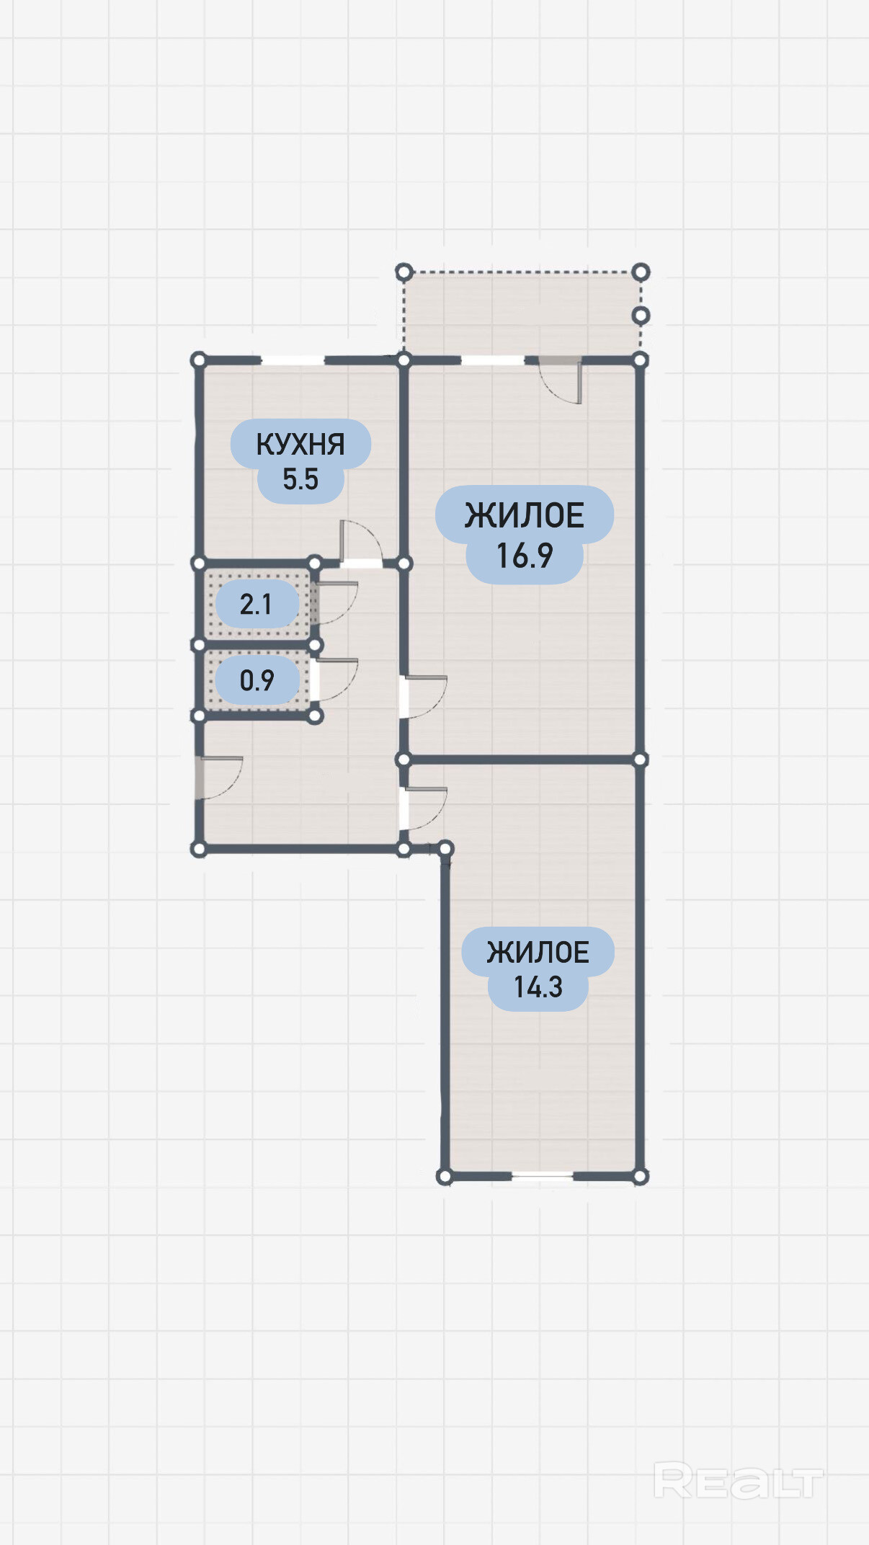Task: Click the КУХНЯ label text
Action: click(x=300, y=445)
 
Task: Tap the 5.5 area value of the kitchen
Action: click(x=300, y=479)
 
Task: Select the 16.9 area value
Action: click(x=525, y=556)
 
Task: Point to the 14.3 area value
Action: click(x=538, y=987)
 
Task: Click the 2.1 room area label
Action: click(x=256, y=604)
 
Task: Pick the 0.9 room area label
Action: click(x=257, y=680)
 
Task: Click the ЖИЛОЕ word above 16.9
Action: click(x=525, y=516)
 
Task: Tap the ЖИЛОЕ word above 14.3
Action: click(x=538, y=953)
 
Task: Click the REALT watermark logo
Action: click(x=739, y=1482)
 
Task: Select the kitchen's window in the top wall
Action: click(x=293, y=360)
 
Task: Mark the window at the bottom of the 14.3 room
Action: click(x=543, y=1176)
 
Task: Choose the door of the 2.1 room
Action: click(x=335, y=603)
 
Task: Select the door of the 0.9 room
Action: click(x=335, y=680)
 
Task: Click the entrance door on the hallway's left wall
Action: click(x=218, y=778)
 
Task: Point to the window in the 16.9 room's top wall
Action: click(x=493, y=360)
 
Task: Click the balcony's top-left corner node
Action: click(x=404, y=272)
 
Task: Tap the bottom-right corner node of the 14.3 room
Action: click(x=640, y=1177)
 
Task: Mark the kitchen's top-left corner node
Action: click(x=199, y=360)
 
